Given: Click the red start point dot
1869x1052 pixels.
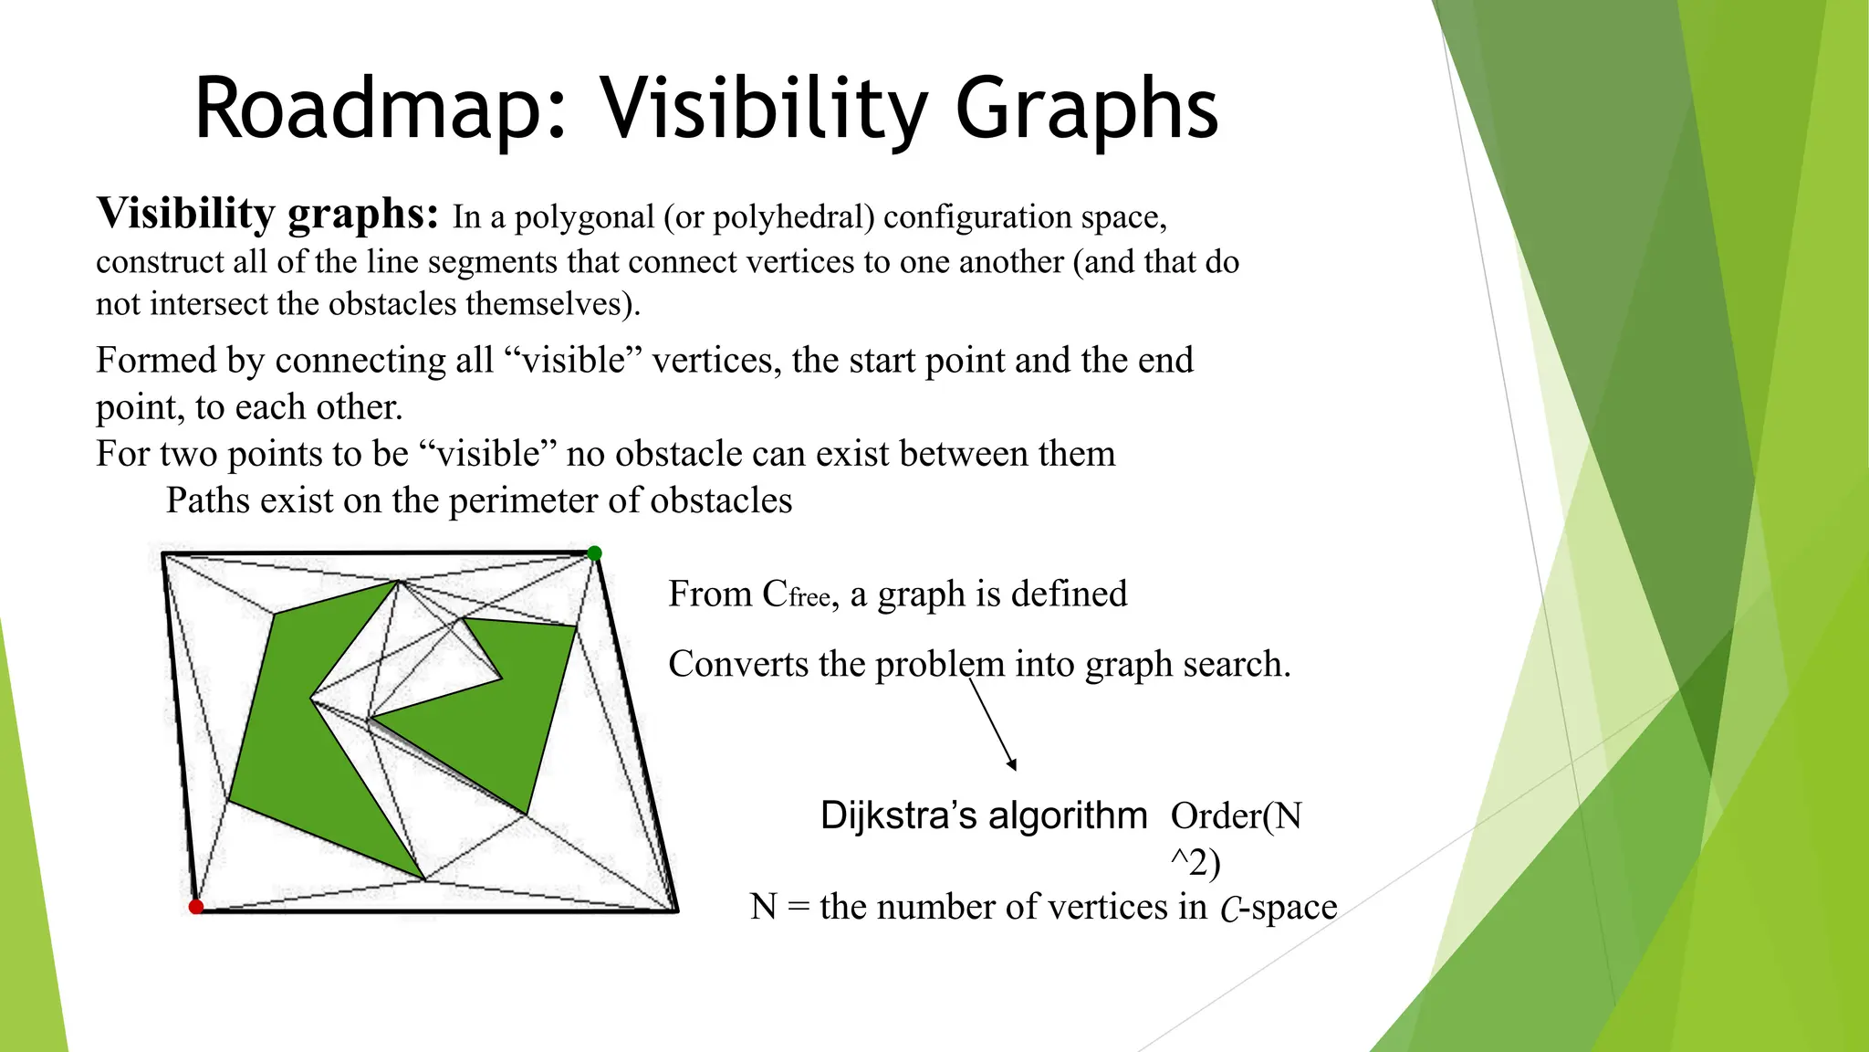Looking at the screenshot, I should [196, 906].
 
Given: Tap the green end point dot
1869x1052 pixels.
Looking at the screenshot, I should [594, 553].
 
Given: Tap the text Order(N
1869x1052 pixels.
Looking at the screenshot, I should [1236, 815].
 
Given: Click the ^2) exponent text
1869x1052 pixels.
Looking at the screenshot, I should [1195, 862].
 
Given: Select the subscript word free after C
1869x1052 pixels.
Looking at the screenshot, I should [809, 598].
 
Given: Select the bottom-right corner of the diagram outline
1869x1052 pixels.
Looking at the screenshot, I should [676, 910].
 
